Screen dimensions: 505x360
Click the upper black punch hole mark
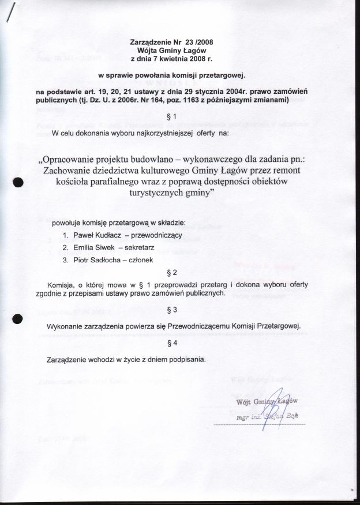tap(17, 182)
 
